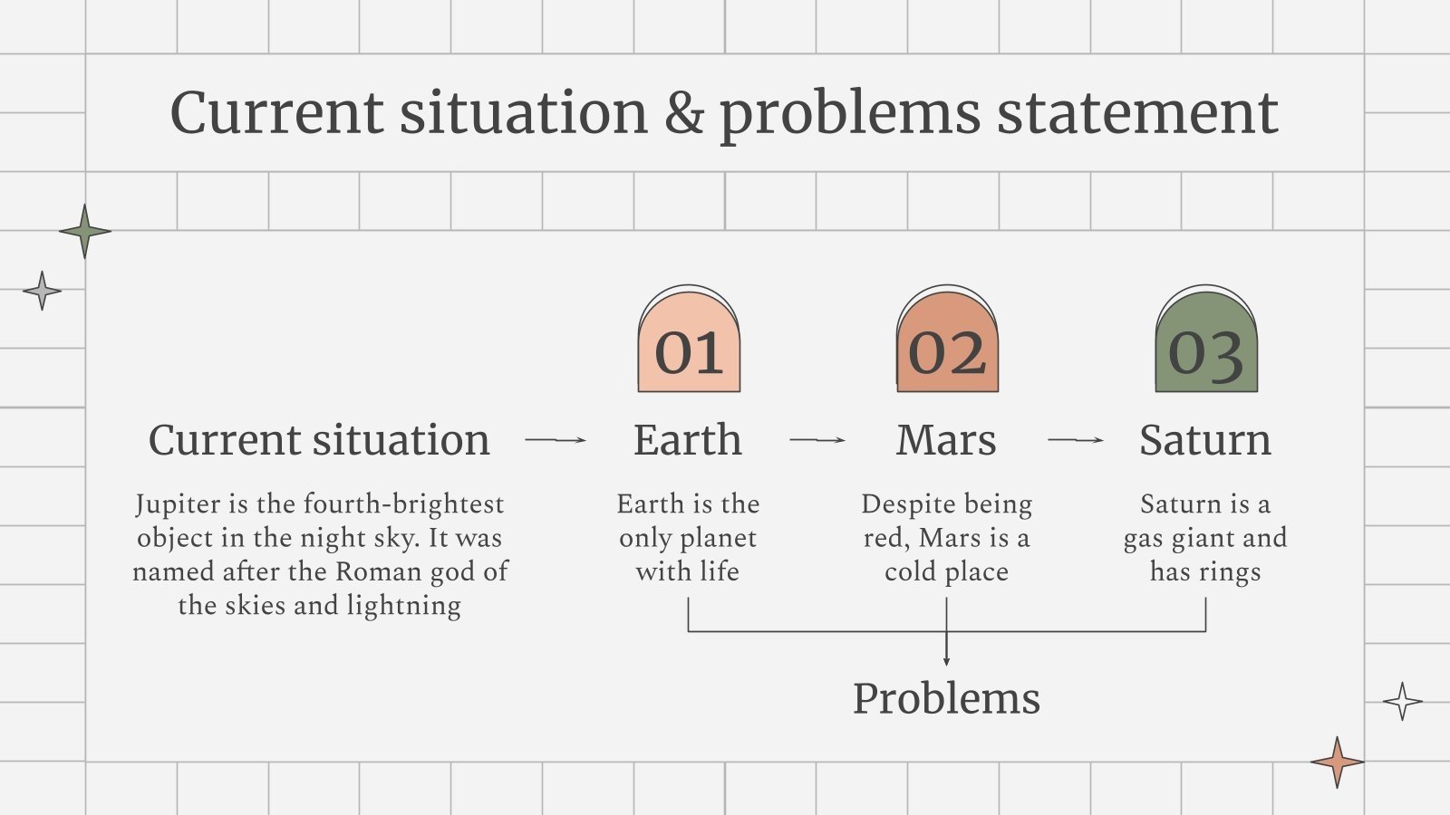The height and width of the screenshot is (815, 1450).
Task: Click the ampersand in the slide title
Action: [684, 112]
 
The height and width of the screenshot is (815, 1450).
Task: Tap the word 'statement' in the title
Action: [1137, 114]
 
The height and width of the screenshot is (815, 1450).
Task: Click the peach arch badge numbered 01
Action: [689, 339]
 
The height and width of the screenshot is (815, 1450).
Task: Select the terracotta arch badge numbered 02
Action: [947, 339]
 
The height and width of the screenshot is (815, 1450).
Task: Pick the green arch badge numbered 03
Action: [1206, 339]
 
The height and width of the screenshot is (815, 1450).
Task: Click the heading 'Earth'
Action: [688, 440]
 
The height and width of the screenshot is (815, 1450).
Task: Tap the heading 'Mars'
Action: [946, 440]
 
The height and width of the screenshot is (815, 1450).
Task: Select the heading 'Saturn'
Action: [1205, 440]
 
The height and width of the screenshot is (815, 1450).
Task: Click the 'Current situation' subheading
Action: [319, 440]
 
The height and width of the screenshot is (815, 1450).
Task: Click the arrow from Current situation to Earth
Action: [556, 440]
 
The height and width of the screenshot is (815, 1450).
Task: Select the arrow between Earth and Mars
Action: [817, 440]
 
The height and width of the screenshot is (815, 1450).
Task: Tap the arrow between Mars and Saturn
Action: [1075, 440]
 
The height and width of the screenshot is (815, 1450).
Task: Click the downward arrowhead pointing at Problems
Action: [946, 662]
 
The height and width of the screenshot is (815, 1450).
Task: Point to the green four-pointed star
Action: [85, 231]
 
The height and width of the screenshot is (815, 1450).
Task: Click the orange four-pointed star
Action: [1338, 762]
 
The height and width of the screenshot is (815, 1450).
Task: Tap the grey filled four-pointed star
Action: [42, 291]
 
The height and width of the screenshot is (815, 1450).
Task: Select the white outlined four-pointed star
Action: [1403, 701]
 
